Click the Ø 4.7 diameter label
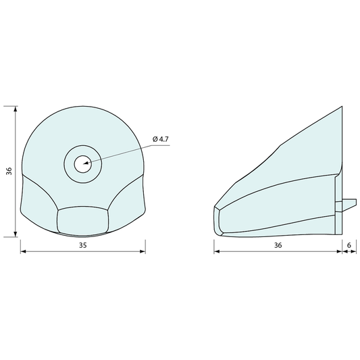(161, 139)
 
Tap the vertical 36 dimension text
(9, 172)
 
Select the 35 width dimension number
(83, 245)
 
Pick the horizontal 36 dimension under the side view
(278, 245)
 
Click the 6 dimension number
(349, 245)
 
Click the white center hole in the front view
(83, 164)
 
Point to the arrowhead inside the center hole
(86, 163)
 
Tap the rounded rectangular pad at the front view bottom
(83, 220)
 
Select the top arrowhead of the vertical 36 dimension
(16, 109)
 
